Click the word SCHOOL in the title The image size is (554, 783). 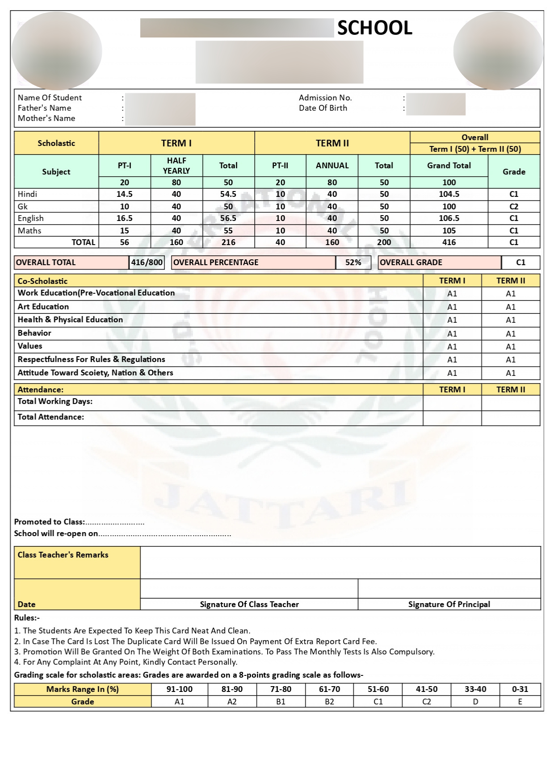(x=374, y=28)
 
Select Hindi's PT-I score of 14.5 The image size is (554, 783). (x=124, y=194)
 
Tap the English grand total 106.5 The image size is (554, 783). (x=449, y=218)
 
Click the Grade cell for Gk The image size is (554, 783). (x=514, y=207)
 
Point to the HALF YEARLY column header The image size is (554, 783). (x=176, y=166)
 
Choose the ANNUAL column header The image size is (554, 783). (x=332, y=166)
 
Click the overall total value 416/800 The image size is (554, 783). (x=147, y=262)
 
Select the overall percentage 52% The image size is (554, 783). (x=353, y=262)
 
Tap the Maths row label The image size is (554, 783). (x=29, y=231)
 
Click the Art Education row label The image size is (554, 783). (x=43, y=307)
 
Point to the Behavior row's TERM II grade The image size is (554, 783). (x=510, y=333)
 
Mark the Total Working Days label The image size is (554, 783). (x=55, y=401)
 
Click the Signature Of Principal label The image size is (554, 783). (x=449, y=604)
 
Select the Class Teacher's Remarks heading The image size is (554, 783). (x=63, y=555)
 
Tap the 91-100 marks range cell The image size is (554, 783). (x=179, y=689)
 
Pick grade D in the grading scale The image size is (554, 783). (x=475, y=702)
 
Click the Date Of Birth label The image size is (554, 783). (x=323, y=108)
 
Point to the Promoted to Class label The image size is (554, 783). (x=49, y=522)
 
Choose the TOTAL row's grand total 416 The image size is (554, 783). (x=449, y=242)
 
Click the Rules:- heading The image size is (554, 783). (x=27, y=618)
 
